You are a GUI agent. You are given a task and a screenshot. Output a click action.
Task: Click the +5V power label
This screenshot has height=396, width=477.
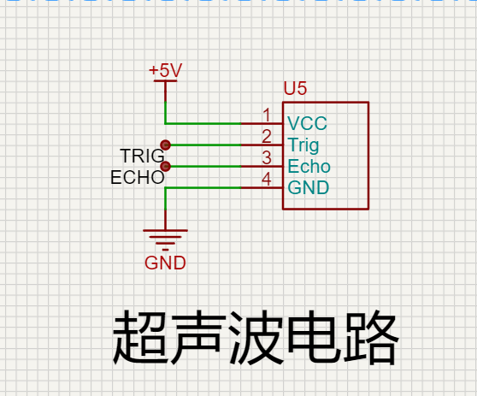pyautogui.click(x=166, y=70)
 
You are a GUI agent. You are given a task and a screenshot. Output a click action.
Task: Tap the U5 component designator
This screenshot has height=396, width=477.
pyautogui.click(x=295, y=88)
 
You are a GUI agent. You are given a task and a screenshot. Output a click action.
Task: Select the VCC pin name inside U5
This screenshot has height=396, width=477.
pyautogui.click(x=307, y=123)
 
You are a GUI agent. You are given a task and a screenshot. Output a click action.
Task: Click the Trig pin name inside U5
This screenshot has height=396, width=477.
pyautogui.click(x=303, y=145)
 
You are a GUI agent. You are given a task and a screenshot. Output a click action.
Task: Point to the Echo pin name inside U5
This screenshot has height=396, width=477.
pyautogui.click(x=309, y=166)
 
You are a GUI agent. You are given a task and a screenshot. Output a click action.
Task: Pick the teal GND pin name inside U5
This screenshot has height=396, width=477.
pyautogui.click(x=309, y=187)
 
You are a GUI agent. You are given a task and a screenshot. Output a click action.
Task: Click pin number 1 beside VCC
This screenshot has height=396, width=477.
pyautogui.click(x=267, y=115)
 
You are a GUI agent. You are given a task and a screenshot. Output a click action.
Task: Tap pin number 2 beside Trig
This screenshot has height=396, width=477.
pyautogui.click(x=267, y=136)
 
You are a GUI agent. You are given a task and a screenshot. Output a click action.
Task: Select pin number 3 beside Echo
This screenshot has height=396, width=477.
pyautogui.click(x=267, y=157)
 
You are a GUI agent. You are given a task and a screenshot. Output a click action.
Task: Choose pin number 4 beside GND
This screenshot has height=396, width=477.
pyautogui.click(x=267, y=179)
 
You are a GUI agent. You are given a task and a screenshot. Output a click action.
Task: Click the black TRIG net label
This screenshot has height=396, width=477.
pyautogui.click(x=143, y=156)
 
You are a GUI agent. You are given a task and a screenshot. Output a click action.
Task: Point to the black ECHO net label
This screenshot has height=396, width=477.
pyautogui.click(x=137, y=177)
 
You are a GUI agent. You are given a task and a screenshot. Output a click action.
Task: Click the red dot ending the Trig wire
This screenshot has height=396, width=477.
pyautogui.click(x=166, y=145)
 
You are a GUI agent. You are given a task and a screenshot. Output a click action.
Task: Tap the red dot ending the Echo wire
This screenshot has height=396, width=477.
pyautogui.click(x=166, y=166)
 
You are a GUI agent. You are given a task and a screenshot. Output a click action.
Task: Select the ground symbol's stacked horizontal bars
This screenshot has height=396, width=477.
pyautogui.click(x=165, y=239)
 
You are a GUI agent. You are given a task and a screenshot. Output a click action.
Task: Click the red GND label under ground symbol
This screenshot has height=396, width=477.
pyautogui.click(x=165, y=263)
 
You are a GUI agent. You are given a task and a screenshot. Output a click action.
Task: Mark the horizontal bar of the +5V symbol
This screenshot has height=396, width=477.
pyautogui.click(x=165, y=81)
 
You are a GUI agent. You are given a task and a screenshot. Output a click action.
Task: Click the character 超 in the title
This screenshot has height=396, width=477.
pyautogui.click(x=140, y=337)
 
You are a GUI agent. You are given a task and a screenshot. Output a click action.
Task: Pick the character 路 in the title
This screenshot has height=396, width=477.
pyautogui.click(x=370, y=337)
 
